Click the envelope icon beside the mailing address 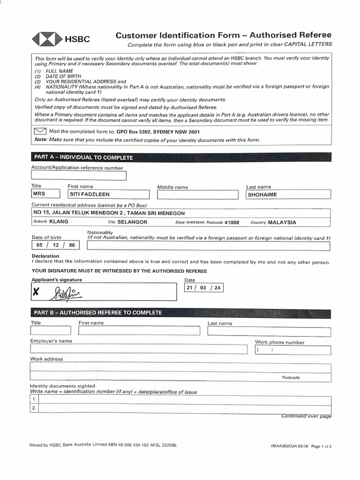40,131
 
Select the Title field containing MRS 45,194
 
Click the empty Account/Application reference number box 79,176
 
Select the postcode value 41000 232,223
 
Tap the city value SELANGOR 132,222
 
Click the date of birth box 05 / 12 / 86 55,245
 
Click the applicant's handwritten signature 68,293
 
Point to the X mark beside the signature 36,293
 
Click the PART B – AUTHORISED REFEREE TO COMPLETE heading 97,313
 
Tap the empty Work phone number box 293,350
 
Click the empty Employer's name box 139,349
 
